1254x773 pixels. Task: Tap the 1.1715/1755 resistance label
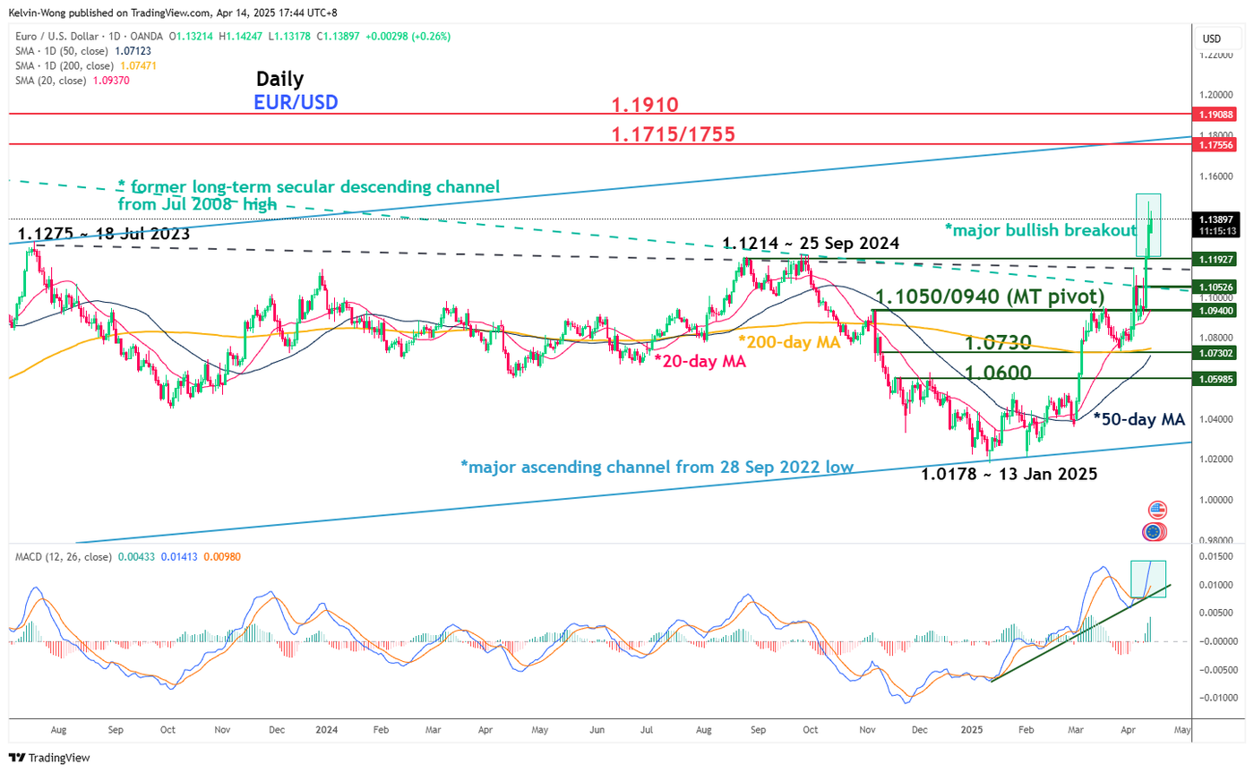click(x=673, y=134)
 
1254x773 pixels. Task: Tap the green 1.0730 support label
click(x=997, y=341)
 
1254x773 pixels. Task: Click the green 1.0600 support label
click(x=997, y=371)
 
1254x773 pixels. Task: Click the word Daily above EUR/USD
click(x=279, y=79)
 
